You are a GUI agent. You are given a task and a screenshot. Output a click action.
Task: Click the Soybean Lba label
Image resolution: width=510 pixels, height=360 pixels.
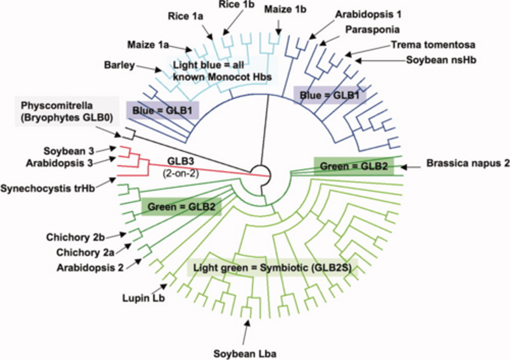[x=245, y=353]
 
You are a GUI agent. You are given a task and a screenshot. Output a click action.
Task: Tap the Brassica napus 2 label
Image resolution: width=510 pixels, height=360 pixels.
[x=467, y=163]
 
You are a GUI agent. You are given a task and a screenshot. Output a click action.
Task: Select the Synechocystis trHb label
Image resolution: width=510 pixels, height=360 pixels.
[x=47, y=189]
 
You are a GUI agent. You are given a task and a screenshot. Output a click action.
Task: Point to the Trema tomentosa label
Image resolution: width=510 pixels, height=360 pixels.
[x=433, y=45]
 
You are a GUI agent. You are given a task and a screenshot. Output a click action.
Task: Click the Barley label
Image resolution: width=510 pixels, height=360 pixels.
[x=119, y=66]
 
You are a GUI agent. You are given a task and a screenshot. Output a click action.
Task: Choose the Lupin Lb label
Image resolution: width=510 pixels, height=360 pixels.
[x=143, y=298]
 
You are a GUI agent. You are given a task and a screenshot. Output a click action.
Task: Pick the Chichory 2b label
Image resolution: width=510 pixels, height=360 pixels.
[x=75, y=237]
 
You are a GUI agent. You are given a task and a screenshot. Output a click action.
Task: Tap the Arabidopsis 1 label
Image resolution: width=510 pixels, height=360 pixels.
[x=368, y=15]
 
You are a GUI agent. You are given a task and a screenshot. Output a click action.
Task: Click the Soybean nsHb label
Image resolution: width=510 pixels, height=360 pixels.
[x=441, y=60]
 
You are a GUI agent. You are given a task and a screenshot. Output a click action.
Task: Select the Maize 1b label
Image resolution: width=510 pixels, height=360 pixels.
[x=285, y=10]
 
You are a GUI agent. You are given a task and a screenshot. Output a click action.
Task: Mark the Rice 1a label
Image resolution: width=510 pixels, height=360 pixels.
[x=185, y=16]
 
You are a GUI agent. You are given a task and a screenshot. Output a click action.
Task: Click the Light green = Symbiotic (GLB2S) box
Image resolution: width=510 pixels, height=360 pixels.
[x=272, y=268]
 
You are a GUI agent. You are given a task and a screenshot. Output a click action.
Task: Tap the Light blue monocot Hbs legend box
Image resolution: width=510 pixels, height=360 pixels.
[x=222, y=71]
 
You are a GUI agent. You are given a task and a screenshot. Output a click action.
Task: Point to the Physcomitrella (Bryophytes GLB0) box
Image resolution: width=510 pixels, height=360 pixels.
[x=67, y=111]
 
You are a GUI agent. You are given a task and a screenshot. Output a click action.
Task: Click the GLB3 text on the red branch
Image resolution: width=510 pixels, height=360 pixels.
[x=181, y=161]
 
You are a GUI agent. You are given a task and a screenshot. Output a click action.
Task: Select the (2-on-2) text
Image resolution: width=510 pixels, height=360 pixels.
[x=181, y=173]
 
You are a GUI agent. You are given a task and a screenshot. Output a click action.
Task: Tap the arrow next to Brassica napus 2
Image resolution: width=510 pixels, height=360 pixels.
[x=410, y=167]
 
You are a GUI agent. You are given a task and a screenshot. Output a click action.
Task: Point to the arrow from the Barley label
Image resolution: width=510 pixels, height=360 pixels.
[x=148, y=68]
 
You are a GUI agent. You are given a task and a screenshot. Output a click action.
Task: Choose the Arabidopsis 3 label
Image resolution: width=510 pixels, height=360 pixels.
[x=59, y=163]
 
